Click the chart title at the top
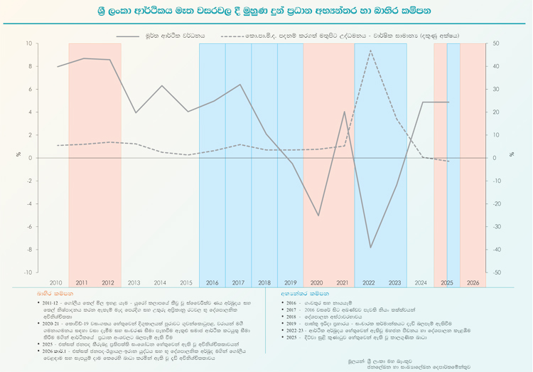[x=266, y=11]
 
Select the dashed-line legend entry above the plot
[x=341, y=35]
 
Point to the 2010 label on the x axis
[x=55, y=282]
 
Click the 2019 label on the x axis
[x=290, y=282]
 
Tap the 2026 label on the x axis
[x=473, y=282]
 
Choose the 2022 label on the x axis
[x=368, y=282]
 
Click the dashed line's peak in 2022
[x=370, y=51]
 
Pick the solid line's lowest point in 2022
[x=370, y=248]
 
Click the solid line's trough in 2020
[x=318, y=216]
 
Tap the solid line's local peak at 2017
[x=240, y=85]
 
